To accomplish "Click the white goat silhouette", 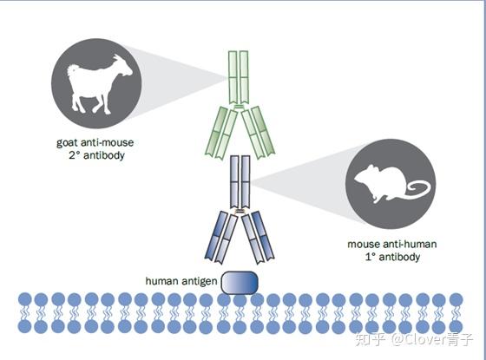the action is [x=93, y=83].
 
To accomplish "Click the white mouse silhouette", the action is [x=384, y=183].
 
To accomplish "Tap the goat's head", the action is [x=123, y=66].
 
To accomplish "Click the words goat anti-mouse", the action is [x=95, y=142].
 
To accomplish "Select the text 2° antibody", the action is [x=96, y=155].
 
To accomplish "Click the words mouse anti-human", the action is [x=392, y=244].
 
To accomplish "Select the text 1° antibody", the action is [x=392, y=257].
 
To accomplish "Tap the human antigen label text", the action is [x=181, y=281].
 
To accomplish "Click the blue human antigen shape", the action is [x=240, y=282].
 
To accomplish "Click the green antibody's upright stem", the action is [x=239, y=77].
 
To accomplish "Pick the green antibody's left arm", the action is [x=221, y=133].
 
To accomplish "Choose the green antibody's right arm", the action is [x=258, y=132].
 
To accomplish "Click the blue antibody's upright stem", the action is [x=240, y=182].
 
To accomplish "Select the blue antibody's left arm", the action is [x=221, y=238].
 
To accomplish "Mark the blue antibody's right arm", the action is [x=258, y=238].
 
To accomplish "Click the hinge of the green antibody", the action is [x=239, y=107].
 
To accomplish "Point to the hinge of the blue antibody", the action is [x=240, y=212].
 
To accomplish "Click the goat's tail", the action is [x=72, y=70].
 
